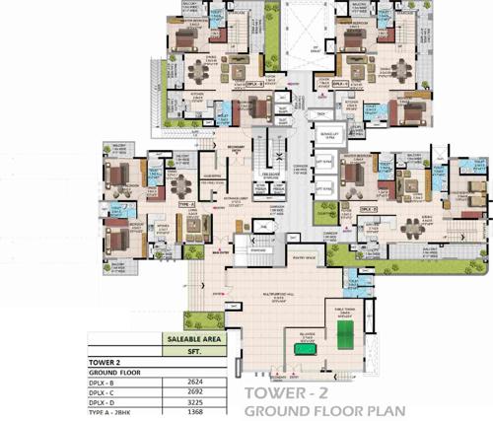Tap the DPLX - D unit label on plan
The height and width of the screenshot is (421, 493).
369,209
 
